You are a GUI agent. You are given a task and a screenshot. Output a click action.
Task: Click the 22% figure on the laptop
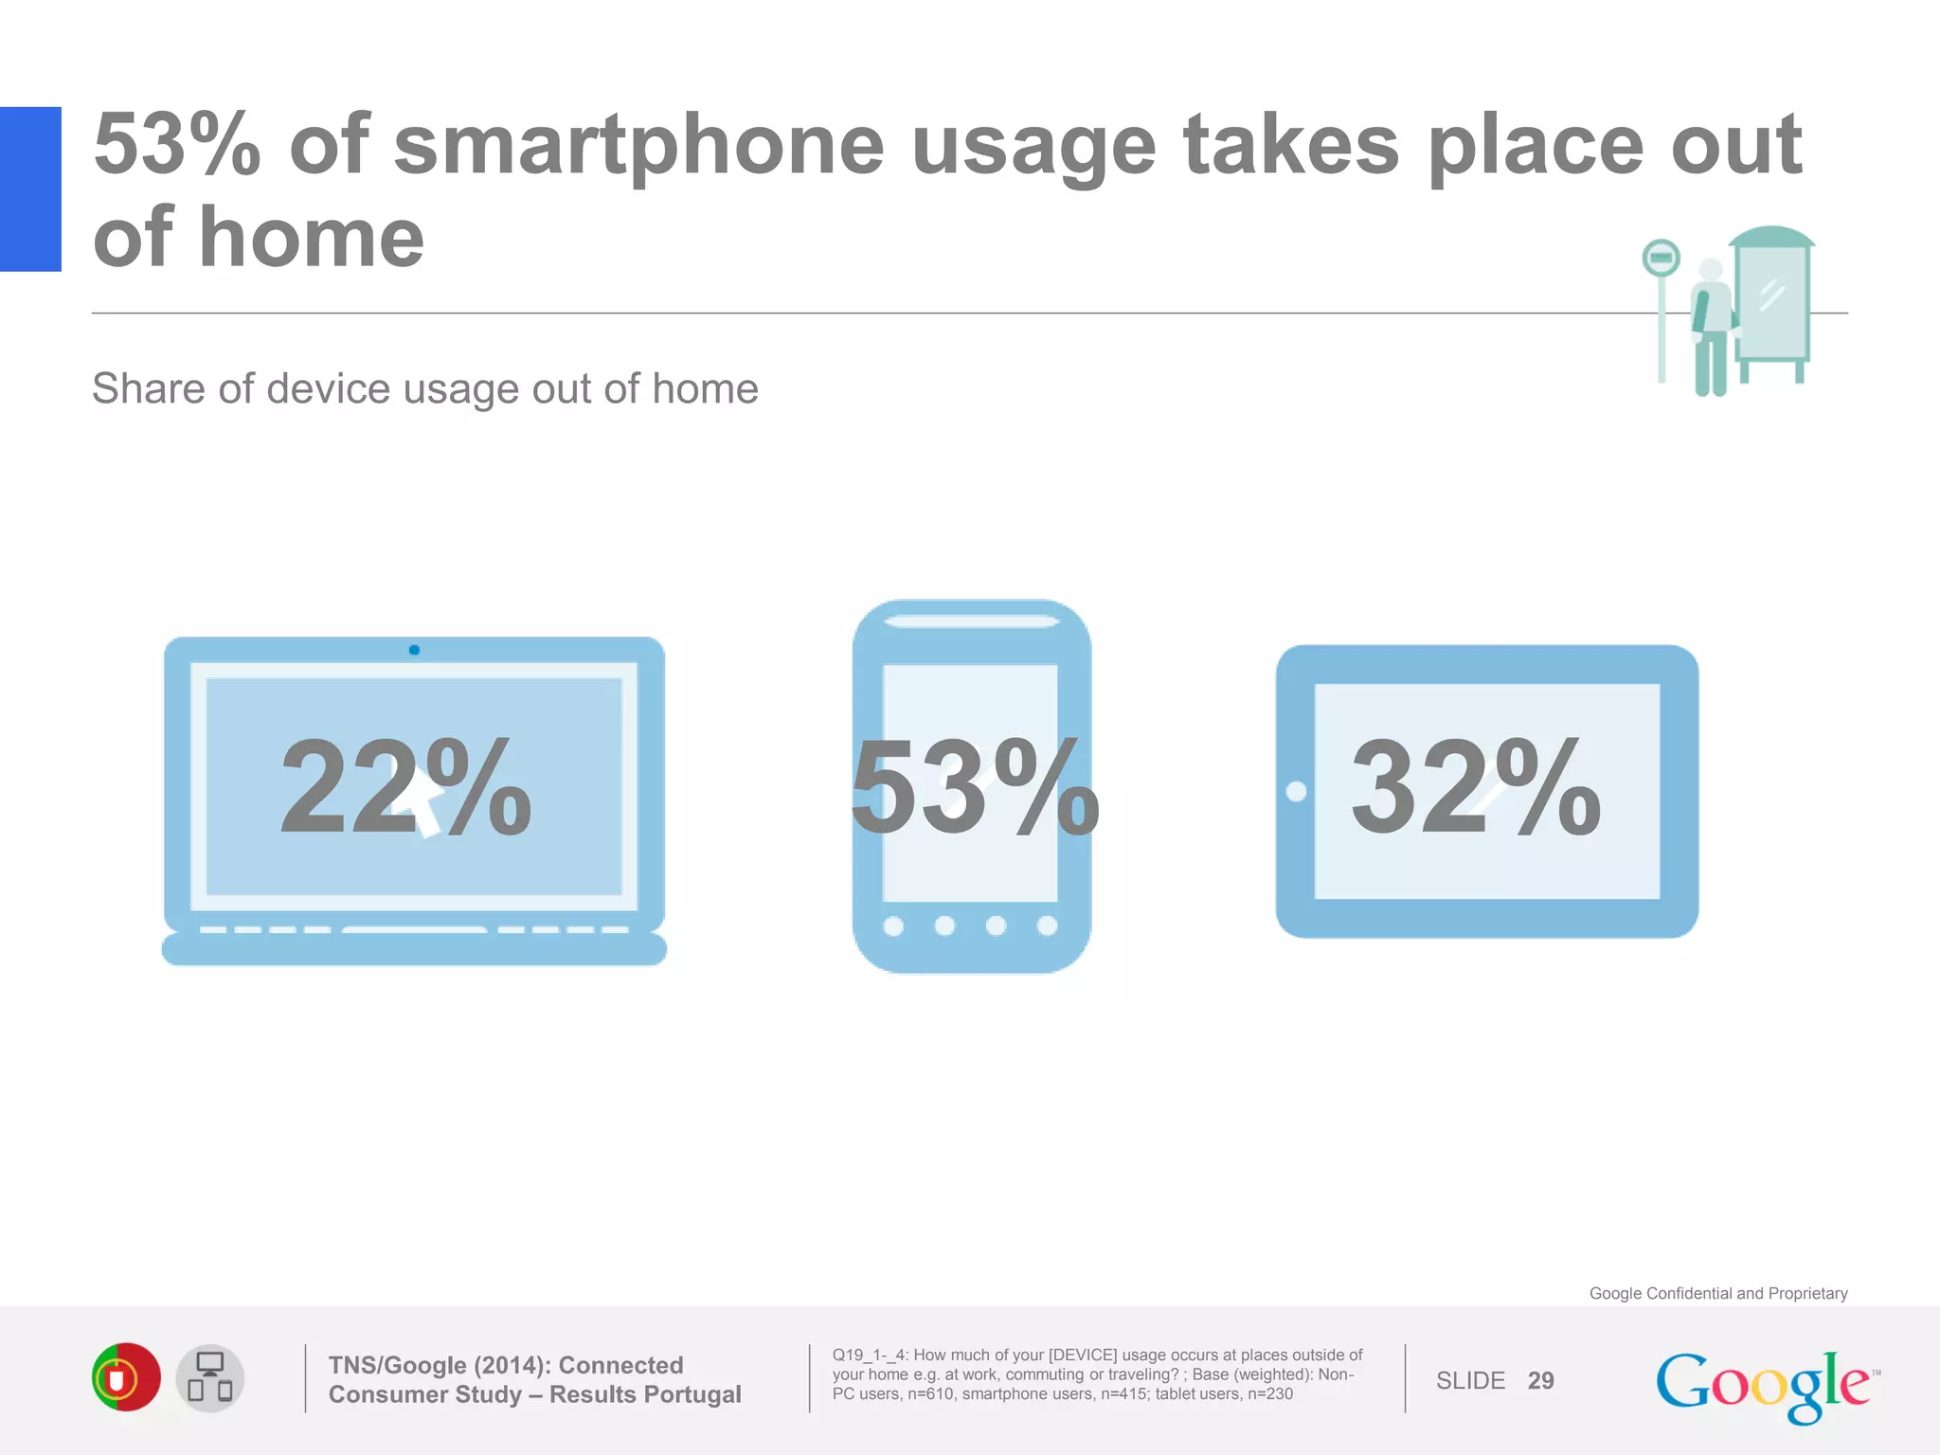coord(405,788)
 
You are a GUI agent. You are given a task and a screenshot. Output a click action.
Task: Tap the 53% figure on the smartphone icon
coord(974,788)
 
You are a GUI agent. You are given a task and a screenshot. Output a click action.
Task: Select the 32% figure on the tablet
coord(1475,788)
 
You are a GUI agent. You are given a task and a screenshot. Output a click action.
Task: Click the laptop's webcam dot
coord(414,650)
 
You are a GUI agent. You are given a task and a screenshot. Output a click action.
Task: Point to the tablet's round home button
coord(1296,791)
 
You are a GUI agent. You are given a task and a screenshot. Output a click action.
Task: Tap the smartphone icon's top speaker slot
coord(972,621)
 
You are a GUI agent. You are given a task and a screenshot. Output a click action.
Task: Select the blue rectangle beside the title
coord(30,189)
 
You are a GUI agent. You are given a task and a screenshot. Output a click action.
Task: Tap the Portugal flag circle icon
coord(126,1377)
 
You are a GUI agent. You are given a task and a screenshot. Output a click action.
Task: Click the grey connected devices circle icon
coord(210,1378)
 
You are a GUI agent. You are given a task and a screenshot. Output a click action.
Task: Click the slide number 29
coord(1540,1380)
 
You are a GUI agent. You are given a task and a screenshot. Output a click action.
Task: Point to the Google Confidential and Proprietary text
coord(1717,1293)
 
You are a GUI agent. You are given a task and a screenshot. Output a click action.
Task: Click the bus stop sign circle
coord(1661,258)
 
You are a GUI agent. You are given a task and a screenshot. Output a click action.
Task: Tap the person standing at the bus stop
coord(1711,327)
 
